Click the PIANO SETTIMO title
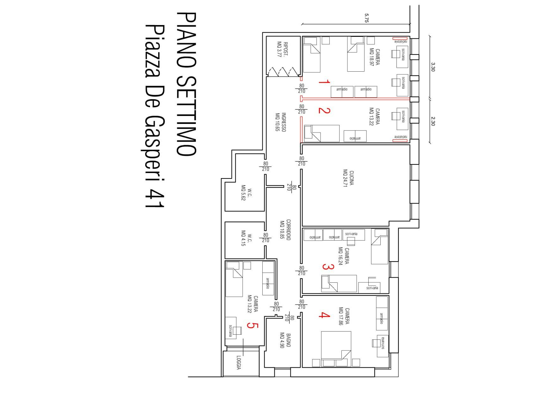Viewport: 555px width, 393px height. point(186,84)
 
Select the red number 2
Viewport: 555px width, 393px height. point(324,110)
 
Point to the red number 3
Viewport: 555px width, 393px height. point(328,267)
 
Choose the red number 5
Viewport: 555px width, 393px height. point(251,325)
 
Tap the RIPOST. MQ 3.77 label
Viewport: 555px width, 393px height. point(283,49)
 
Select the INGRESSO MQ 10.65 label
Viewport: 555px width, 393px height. point(281,122)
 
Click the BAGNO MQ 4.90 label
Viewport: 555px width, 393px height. point(285,340)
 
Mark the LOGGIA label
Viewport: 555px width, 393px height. point(239,362)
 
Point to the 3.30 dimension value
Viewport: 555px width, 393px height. point(433,67)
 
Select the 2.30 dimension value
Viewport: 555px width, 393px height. point(433,121)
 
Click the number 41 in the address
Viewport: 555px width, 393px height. point(155,198)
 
